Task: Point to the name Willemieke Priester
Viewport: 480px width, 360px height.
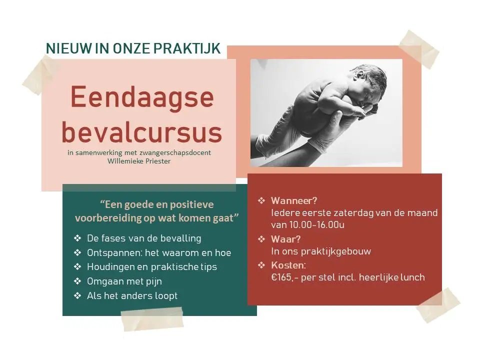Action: [x=139, y=161]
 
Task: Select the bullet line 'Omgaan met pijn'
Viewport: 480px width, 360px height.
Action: [x=124, y=281]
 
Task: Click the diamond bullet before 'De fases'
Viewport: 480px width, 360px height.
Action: [x=77, y=238]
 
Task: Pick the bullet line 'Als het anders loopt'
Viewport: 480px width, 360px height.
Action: [x=132, y=295]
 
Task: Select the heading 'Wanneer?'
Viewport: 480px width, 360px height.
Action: [x=294, y=201]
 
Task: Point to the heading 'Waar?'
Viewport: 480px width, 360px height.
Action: [x=286, y=239]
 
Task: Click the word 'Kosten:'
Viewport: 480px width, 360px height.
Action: [x=288, y=265]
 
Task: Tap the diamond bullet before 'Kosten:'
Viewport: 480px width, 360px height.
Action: [x=261, y=265]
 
